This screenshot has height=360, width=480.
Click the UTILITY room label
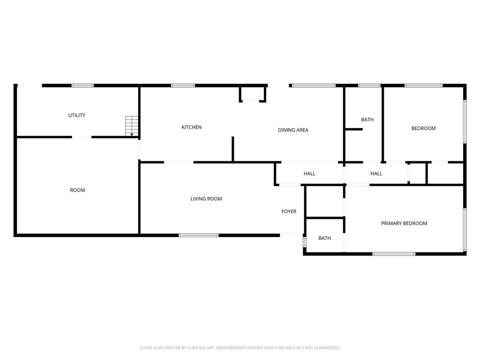(x=76, y=115)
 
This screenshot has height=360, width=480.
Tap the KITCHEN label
(x=192, y=127)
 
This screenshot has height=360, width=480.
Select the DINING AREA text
(x=293, y=130)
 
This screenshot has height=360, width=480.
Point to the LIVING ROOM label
(x=206, y=199)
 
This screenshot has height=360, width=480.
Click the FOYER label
(x=289, y=211)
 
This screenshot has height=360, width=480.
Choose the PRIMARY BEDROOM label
(x=404, y=223)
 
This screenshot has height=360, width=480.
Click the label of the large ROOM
(x=77, y=190)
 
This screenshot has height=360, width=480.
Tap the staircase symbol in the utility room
(x=132, y=126)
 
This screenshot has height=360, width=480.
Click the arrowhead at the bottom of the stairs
(x=132, y=135)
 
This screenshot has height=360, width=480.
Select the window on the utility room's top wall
(x=82, y=86)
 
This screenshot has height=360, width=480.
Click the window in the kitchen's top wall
(x=183, y=86)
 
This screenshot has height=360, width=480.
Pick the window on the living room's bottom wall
(x=199, y=235)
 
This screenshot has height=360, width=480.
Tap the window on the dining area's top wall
(x=314, y=86)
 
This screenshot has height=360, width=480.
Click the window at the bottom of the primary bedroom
(x=394, y=254)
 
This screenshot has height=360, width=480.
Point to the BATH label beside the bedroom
(x=367, y=120)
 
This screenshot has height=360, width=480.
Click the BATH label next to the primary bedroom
(x=324, y=238)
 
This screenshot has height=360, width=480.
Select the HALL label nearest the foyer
(x=309, y=173)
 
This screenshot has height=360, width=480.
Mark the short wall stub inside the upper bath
(x=354, y=129)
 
